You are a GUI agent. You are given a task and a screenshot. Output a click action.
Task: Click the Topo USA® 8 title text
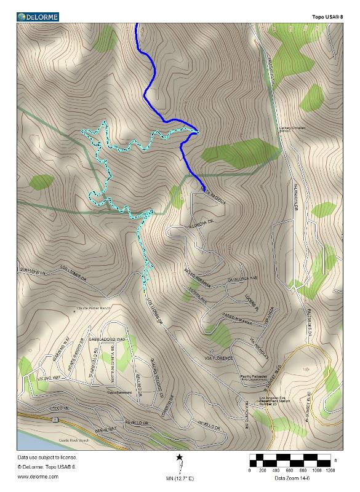click(x=326, y=17)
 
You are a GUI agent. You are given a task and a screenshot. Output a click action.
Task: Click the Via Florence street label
click(x=219, y=357)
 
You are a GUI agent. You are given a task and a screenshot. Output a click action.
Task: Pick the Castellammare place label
click(x=121, y=392)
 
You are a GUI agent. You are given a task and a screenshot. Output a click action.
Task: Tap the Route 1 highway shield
click(x=55, y=419)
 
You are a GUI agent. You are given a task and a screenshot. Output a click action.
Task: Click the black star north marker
click(x=180, y=457)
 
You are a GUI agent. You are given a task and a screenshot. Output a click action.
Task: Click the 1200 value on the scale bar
click(x=330, y=470)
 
